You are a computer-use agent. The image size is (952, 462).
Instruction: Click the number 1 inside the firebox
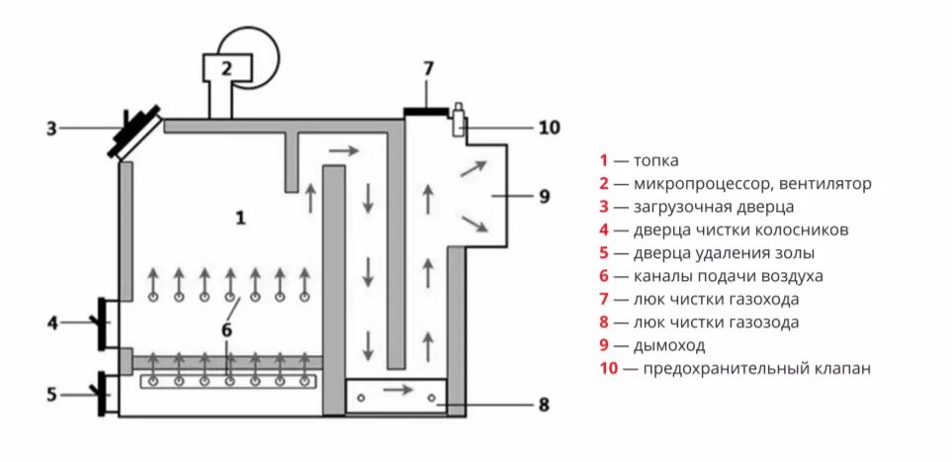[240, 218]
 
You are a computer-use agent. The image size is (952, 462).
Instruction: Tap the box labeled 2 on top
[226, 68]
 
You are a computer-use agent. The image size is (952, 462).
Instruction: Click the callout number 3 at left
[52, 128]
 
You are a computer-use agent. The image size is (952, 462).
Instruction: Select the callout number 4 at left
[52, 322]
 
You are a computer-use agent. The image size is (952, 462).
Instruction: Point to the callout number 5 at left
[52, 395]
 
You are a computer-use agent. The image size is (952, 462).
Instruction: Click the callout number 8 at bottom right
[544, 404]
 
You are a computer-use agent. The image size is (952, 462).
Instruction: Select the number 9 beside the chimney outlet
[544, 196]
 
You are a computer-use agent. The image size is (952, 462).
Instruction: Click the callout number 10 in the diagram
[548, 127]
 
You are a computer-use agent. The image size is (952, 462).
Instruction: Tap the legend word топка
[656, 160]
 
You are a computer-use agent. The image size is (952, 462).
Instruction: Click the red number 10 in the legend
[607, 369]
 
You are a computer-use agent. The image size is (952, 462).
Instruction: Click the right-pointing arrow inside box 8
[397, 390]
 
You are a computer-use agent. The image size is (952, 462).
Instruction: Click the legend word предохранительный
[728, 369]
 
